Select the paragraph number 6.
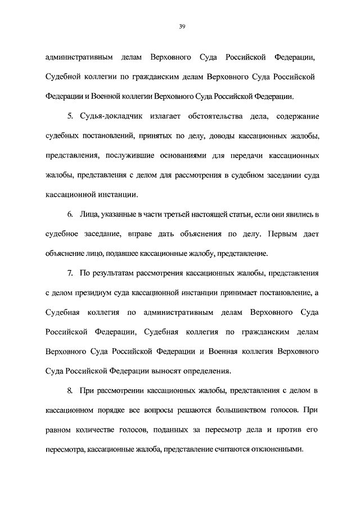[70, 215]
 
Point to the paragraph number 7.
[70, 273]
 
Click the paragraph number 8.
[70, 390]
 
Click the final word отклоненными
[276, 449]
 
